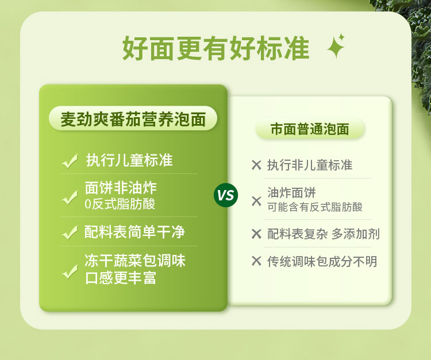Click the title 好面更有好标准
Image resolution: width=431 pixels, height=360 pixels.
[215, 48]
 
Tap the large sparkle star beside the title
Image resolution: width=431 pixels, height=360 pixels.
[336, 47]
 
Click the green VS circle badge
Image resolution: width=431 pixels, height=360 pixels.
[226, 195]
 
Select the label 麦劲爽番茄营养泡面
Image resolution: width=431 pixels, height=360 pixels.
[133, 119]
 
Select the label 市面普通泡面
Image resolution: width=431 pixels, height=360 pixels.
[310, 129]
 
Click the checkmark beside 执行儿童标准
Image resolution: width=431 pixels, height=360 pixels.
[70, 161]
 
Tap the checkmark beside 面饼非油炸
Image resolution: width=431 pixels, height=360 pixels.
[70, 197]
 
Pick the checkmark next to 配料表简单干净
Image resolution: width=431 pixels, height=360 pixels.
[70, 233]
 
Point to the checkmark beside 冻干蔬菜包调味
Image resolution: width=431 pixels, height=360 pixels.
[70, 272]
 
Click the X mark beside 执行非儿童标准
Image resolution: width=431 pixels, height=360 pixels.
[256, 165]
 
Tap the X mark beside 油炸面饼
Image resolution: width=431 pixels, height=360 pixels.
[256, 201]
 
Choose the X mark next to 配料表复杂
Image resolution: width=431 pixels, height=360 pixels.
[256, 234]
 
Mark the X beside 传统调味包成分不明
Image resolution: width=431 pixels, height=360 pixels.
[256, 261]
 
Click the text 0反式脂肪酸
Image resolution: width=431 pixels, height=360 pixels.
[120, 204]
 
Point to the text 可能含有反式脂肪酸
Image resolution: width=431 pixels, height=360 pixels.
[315, 207]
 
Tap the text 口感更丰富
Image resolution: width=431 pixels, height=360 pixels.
[121, 278]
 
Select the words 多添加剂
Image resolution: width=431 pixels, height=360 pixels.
[355, 234]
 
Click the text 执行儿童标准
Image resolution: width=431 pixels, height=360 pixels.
[129, 160]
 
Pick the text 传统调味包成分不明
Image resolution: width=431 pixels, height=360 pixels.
[322, 261]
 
